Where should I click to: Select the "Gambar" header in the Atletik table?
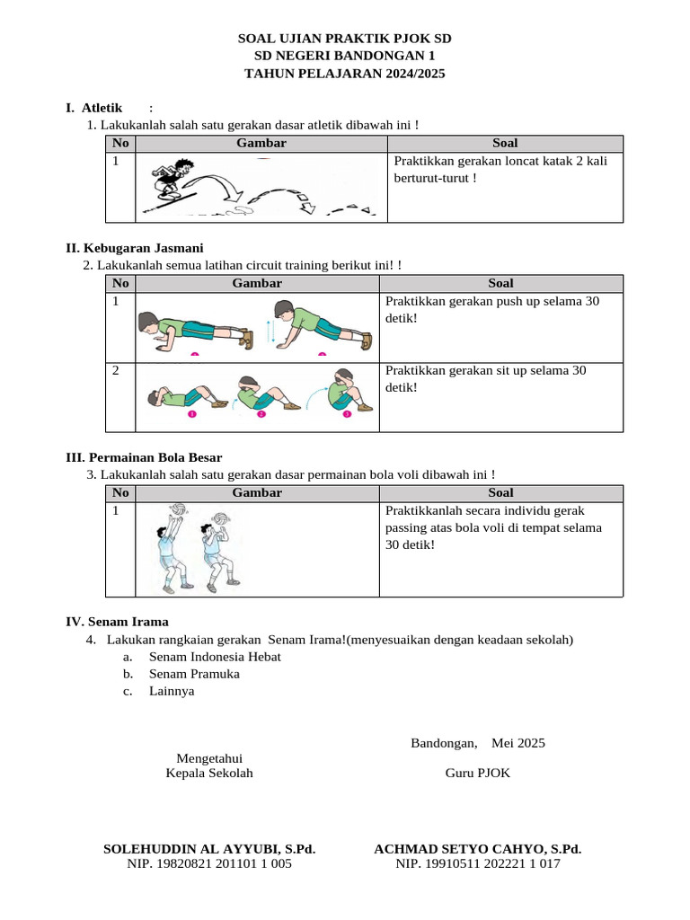click(261, 143)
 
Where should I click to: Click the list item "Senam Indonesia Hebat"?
click(215, 657)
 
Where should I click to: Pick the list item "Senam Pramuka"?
click(194, 674)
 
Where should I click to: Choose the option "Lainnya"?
click(172, 691)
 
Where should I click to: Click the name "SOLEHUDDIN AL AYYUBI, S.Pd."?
click(209, 848)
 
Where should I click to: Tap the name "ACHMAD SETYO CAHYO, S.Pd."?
click(477, 848)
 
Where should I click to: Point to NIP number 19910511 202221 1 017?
click(478, 863)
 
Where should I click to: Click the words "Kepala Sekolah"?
click(209, 773)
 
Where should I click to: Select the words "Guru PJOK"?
click(477, 773)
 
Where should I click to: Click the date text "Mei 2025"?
click(517, 743)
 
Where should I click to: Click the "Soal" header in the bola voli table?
click(500, 492)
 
